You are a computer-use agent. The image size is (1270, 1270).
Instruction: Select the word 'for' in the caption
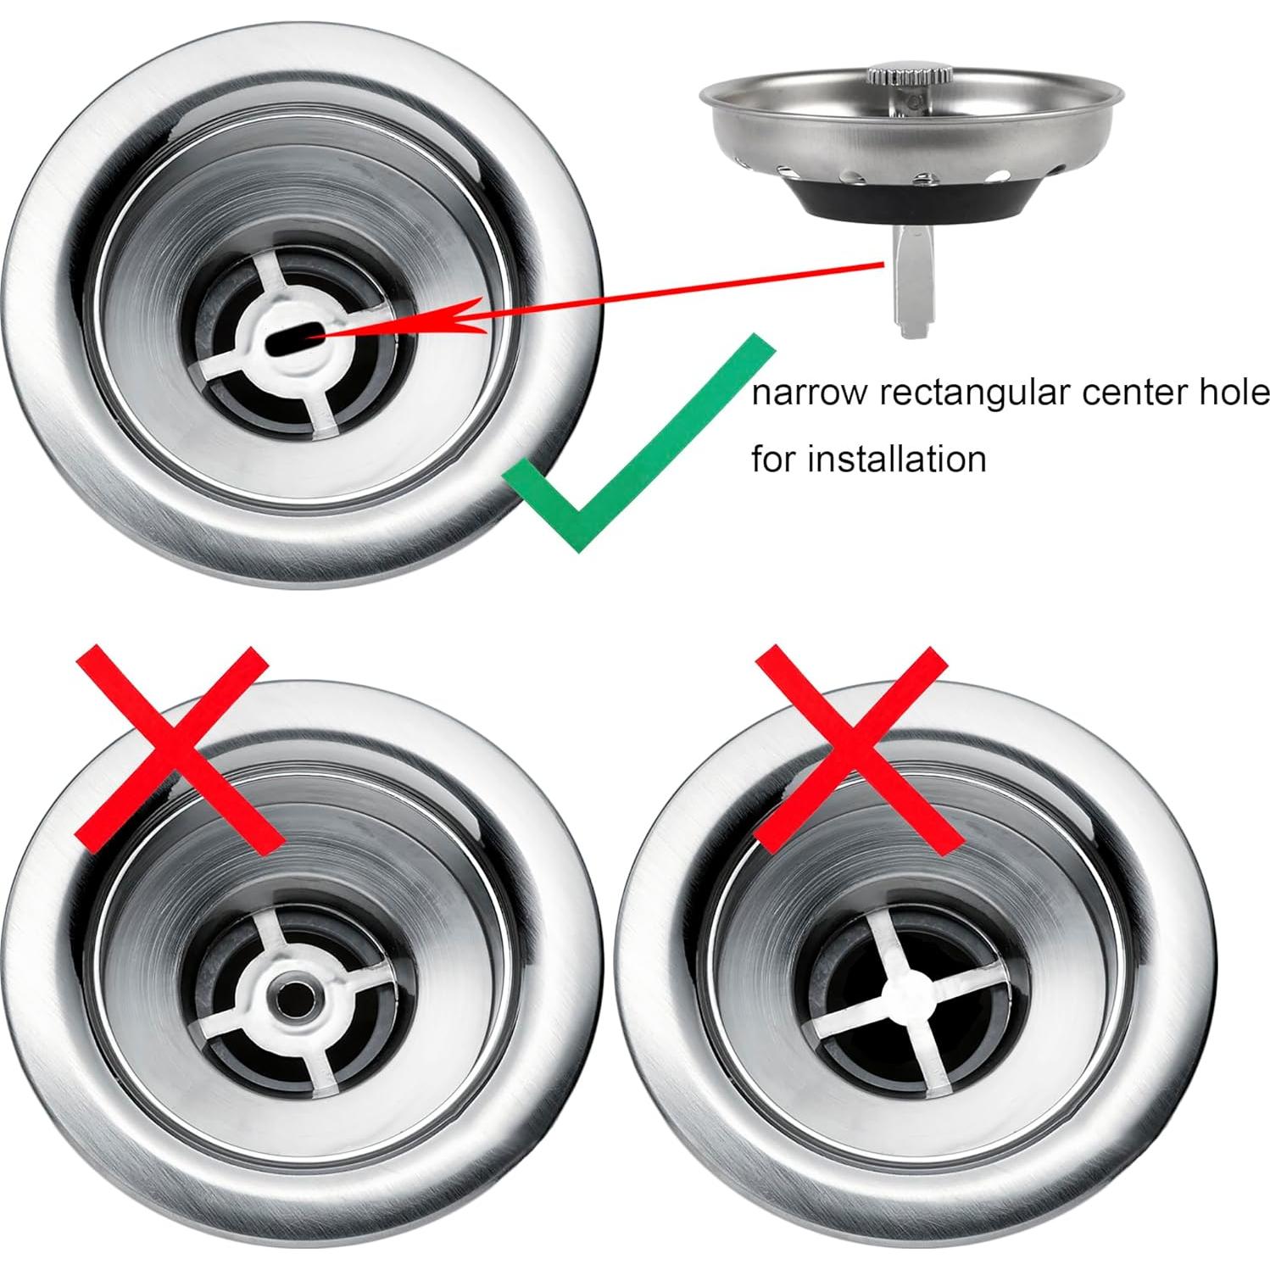point(774,460)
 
